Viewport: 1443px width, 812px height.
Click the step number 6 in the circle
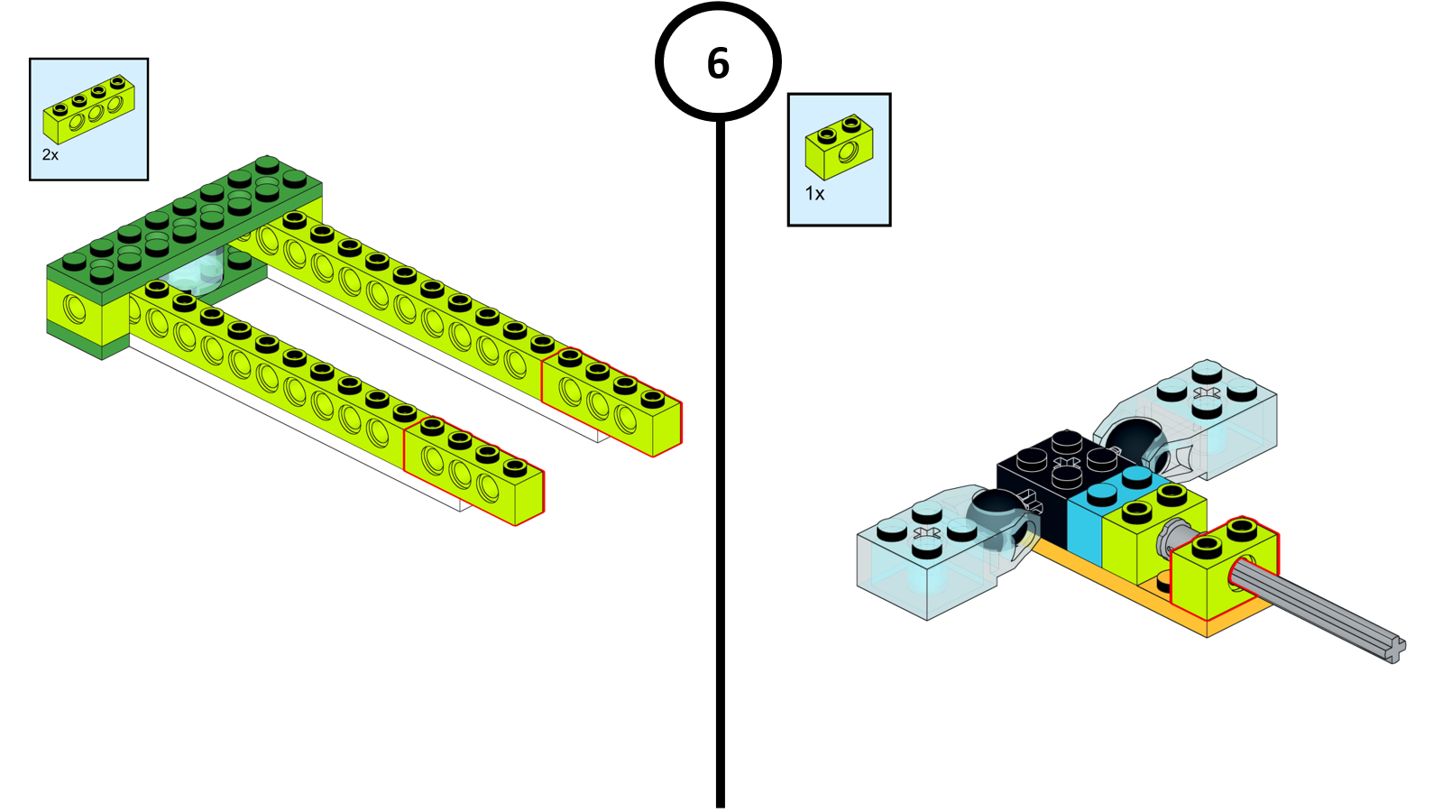pos(718,63)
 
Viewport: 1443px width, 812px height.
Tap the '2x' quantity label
pos(51,155)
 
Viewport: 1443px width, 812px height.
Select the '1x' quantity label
pos(814,194)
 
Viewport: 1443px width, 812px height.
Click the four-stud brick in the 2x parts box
pos(89,110)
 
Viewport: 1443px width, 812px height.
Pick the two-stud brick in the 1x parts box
pos(839,147)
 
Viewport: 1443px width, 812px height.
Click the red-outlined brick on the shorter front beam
pos(473,471)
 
